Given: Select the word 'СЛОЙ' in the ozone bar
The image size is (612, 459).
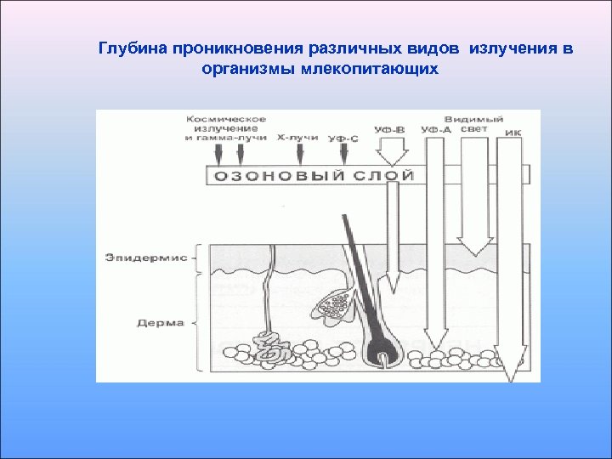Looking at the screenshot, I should pyautogui.click(x=380, y=176).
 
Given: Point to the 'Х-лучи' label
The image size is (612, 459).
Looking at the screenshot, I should pyautogui.click(x=297, y=136).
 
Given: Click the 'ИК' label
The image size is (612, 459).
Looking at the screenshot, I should pyautogui.click(x=513, y=133).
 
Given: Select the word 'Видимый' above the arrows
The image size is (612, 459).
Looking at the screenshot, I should pyautogui.click(x=473, y=118).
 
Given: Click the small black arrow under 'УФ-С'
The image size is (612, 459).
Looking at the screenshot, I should pyautogui.click(x=343, y=155).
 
